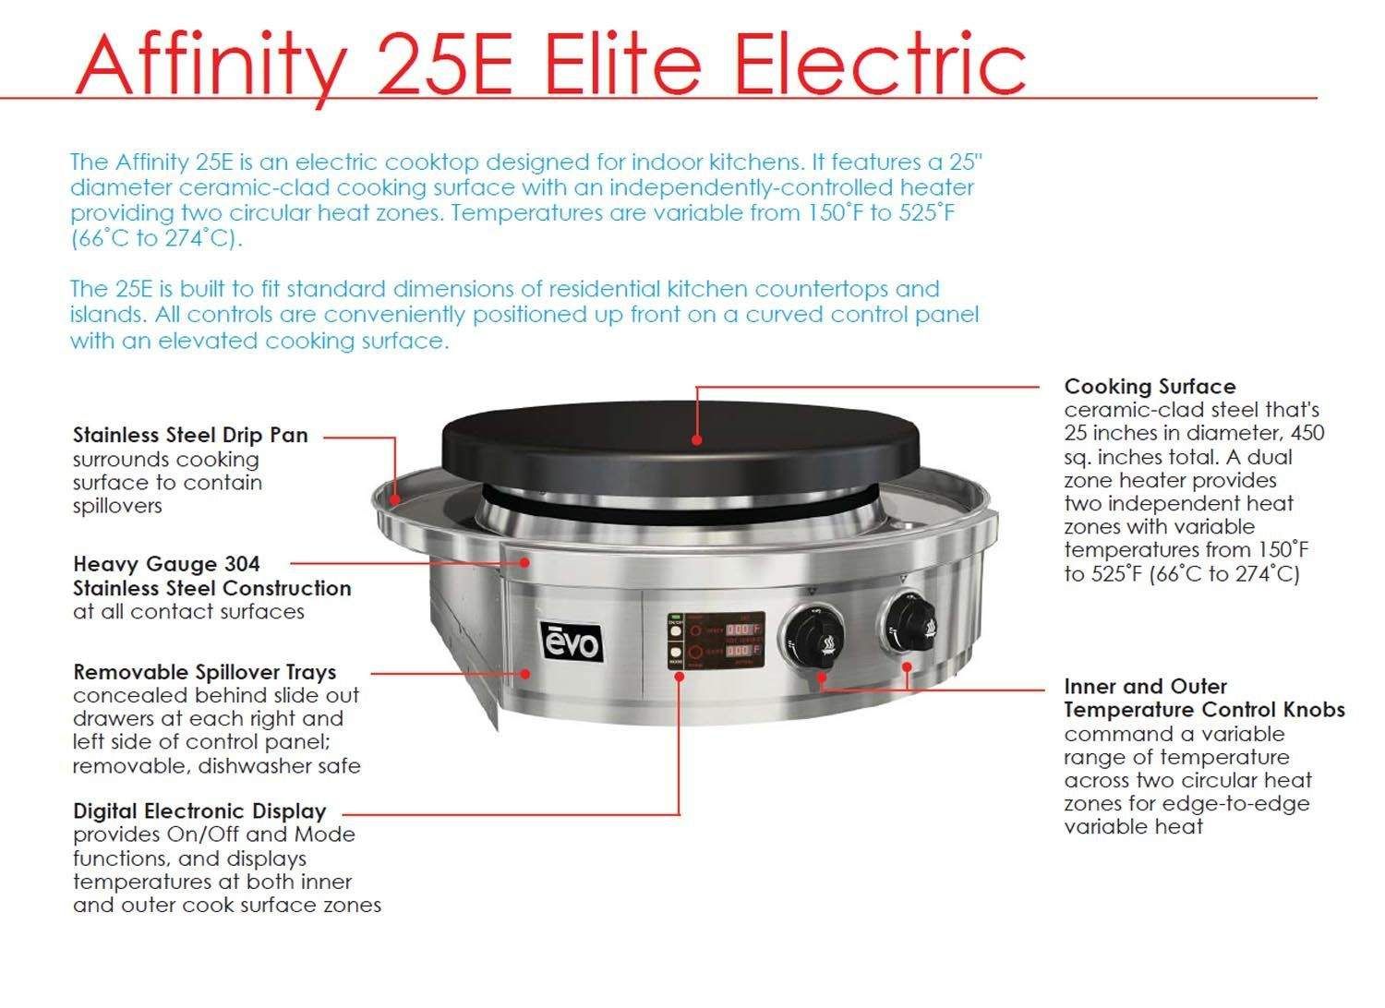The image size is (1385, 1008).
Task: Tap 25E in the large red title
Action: (x=446, y=65)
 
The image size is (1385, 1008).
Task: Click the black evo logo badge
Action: (x=572, y=642)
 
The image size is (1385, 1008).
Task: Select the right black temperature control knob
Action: (x=909, y=623)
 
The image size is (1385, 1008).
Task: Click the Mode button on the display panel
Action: (x=675, y=653)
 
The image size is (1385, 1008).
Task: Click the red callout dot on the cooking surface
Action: (x=697, y=440)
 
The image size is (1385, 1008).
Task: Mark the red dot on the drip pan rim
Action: (x=396, y=498)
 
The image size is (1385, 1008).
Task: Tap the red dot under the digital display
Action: (x=679, y=676)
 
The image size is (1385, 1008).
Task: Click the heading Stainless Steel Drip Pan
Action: (x=190, y=435)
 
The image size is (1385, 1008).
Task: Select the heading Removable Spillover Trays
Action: (x=205, y=672)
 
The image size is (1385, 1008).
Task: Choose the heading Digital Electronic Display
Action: (x=199, y=810)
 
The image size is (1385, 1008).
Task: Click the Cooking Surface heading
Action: (x=1150, y=387)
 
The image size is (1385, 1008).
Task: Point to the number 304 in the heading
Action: (x=242, y=564)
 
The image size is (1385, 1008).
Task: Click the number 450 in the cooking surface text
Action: (x=1307, y=433)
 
